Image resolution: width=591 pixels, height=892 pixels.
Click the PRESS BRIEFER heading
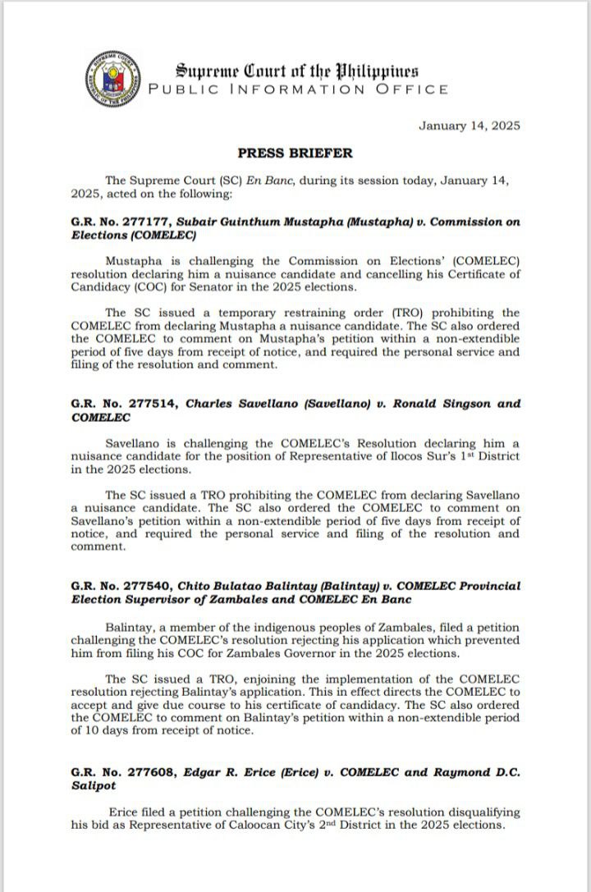[295, 153]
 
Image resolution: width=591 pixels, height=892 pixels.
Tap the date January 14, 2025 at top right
[469, 126]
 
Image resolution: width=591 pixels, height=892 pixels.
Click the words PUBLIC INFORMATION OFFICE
[297, 89]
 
